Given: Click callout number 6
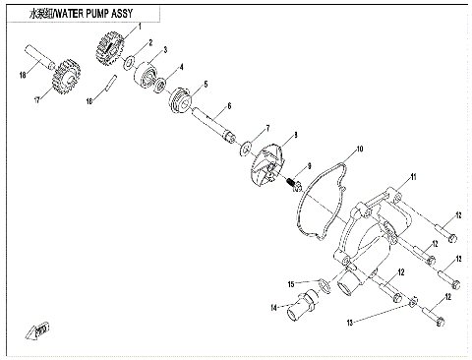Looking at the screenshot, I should pyautogui.click(x=228, y=106).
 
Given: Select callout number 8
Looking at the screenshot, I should pyautogui.click(x=296, y=133).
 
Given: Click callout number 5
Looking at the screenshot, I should pyautogui.click(x=205, y=84).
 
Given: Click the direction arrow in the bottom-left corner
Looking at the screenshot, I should pyautogui.click(x=38, y=329).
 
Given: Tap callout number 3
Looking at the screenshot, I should pyautogui.click(x=164, y=50).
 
